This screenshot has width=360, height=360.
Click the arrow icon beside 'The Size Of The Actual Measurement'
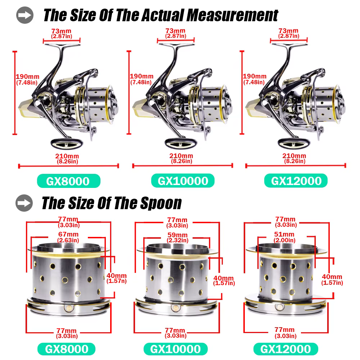click(25, 15)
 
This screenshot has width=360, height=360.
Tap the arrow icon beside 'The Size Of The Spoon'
click(24, 203)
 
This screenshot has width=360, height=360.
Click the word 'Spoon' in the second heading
click(161, 203)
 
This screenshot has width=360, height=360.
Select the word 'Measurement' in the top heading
click(232, 15)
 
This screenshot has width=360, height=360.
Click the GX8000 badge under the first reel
click(69, 181)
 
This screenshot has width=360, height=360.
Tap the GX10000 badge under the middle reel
click(183, 181)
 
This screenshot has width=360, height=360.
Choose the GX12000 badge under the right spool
click(285, 349)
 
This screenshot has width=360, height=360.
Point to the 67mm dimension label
click(68, 237)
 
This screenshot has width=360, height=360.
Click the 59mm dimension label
click(177, 237)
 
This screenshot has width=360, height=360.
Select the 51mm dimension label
click(284, 237)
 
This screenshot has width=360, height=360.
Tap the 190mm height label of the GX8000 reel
click(27, 80)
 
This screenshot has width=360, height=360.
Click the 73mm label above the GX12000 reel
click(289, 33)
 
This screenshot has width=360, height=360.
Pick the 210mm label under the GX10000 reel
click(181, 158)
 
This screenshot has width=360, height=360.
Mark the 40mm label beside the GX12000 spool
click(332, 279)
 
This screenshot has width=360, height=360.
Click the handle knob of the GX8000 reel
click(67, 144)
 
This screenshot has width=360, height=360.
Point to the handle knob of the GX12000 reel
click(294, 144)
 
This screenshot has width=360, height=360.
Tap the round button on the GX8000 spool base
click(69, 308)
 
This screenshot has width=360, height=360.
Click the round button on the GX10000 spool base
click(176, 308)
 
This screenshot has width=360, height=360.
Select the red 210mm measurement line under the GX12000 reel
click(296, 166)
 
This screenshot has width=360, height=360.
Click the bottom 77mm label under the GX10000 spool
click(175, 333)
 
